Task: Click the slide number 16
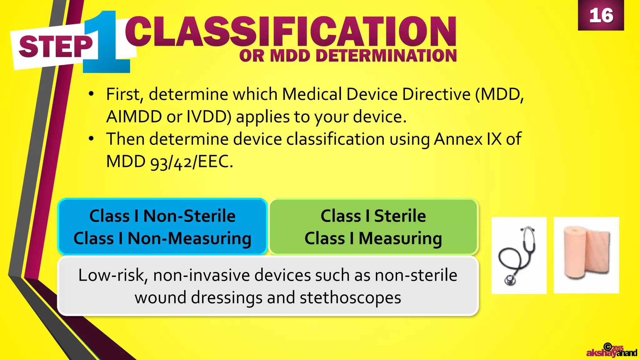click(601, 15)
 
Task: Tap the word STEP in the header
click(56, 47)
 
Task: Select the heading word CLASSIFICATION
click(291, 32)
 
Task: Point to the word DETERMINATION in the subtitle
click(386, 56)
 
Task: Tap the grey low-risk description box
click(268, 286)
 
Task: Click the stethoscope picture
click(519, 255)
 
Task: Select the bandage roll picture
click(586, 255)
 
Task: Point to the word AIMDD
click(134, 117)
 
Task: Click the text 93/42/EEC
click(191, 162)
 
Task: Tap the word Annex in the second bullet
click(457, 139)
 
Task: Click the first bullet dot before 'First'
click(91, 94)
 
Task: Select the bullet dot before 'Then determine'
click(91, 138)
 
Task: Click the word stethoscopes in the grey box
click(350, 297)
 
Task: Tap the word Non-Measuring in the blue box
click(189, 238)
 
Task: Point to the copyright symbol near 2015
click(607, 347)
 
